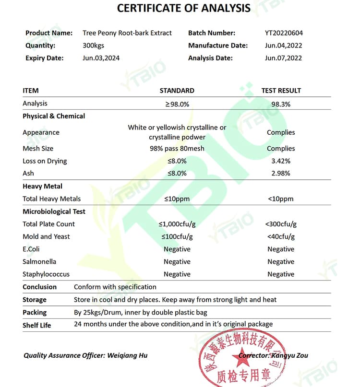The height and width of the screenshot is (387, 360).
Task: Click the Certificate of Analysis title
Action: tap(184, 8)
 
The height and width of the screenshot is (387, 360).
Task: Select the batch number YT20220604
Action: tap(284, 33)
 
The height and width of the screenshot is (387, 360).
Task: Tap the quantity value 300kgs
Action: tap(93, 46)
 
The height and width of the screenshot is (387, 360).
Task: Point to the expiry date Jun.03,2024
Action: tap(101, 58)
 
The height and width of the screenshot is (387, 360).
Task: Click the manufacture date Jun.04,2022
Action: tap(283, 46)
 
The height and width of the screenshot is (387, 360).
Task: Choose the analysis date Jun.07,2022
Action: tap(283, 58)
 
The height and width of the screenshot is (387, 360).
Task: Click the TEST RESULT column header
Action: tap(281, 91)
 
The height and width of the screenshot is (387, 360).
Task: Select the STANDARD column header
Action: tap(177, 91)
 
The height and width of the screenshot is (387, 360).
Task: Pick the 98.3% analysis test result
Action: tap(281, 104)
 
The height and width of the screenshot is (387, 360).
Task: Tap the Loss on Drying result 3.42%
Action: tap(281, 161)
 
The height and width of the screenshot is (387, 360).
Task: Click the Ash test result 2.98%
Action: tap(281, 174)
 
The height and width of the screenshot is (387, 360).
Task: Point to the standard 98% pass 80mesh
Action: tap(177, 149)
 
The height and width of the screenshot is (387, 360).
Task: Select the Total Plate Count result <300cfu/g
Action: tap(281, 224)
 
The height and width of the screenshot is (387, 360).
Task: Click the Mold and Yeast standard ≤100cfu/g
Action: tap(177, 236)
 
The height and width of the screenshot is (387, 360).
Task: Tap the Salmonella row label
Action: tap(39, 262)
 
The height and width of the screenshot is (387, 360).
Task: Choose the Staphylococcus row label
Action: tap(46, 274)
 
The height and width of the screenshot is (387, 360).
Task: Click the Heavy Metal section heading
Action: tap(42, 187)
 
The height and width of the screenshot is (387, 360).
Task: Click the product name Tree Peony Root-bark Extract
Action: tap(127, 33)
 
